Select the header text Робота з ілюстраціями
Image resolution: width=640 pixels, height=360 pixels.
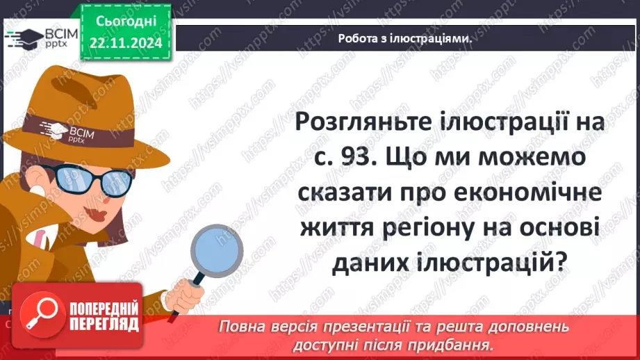point(406,38)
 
